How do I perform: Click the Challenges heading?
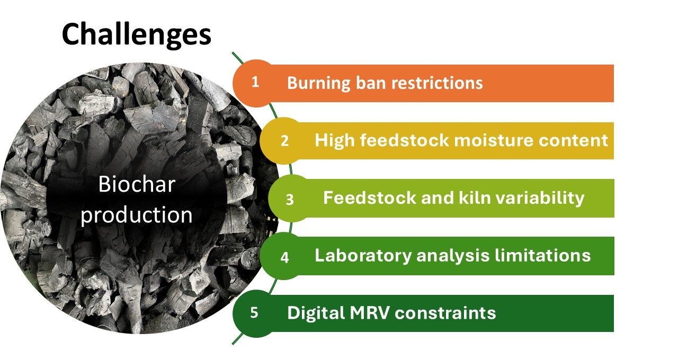tap(136, 35)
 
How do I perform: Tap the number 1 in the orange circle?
tap(255, 82)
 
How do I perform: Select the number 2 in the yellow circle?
tap(284, 141)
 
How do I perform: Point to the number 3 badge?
tap(290, 200)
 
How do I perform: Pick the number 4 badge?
tap(284, 258)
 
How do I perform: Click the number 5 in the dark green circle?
tap(254, 312)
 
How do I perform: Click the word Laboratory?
tap(363, 256)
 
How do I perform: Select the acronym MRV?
tap(369, 313)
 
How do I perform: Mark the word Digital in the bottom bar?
tap(316, 313)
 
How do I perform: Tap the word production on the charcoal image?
tap(137, 215)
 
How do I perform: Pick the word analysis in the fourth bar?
tap(453, 256)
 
